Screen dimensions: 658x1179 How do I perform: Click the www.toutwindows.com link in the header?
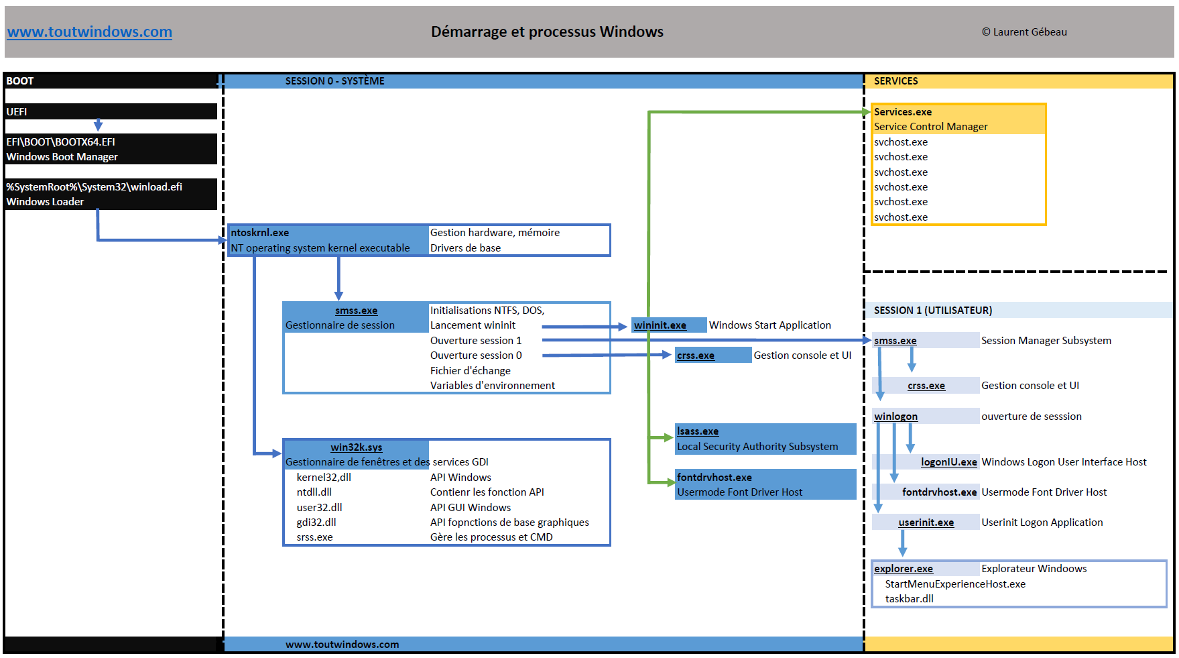tap(89, 32)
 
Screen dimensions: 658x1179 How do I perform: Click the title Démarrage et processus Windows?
tap(547, 32)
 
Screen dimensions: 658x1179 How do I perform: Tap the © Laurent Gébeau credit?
tap(1024, 32)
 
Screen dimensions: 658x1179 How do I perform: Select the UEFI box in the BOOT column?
tap(111, 111)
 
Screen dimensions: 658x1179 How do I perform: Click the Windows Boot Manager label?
tap(62, 157)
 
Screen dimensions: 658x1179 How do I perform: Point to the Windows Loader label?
tap(45, 202)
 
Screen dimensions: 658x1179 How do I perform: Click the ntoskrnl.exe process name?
tap(260, 233)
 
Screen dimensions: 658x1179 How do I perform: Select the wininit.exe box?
tap(660, 325)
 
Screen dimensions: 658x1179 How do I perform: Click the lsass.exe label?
tap(697, 431)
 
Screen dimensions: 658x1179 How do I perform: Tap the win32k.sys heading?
tap(356, 447)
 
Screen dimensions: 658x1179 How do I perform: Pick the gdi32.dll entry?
tap(316, 523)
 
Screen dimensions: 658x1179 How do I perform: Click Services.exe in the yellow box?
tap(902, 112)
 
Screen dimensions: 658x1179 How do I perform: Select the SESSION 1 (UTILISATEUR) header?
tap(932, 311)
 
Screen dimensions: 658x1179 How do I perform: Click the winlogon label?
tap(895, 417)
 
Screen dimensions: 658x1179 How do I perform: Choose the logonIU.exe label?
tap(948, 462)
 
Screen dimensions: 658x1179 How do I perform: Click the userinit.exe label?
tap(926, 523)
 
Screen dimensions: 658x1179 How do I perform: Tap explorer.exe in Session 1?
tap(903, 569)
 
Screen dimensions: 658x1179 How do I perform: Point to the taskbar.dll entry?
tap(909, 599)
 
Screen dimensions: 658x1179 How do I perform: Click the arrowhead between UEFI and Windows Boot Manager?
tap(98, 125)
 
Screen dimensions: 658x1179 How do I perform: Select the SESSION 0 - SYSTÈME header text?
tap(334, 81)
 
